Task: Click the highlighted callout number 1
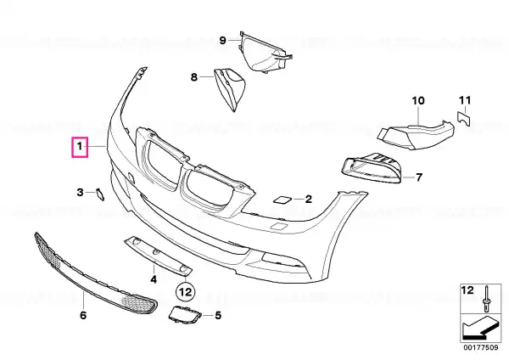point(80,147)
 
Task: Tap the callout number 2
point(309,199)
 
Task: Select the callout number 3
point(81,193)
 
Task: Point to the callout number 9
point(222,40)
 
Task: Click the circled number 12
point(186,292)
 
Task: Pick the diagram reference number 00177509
point(481,347)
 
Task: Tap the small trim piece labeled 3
point(99,194)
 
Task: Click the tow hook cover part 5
point(184,314)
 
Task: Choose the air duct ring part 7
point(372,167)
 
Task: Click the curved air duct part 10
point(417,134)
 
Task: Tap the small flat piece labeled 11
point(463,118)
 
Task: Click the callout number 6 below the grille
point(83,315)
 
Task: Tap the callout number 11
point(465,100)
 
